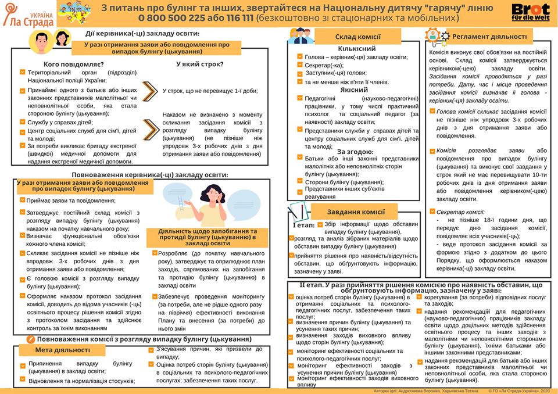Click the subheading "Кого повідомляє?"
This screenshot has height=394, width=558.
pos(74,64)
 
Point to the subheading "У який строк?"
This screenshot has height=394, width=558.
pos(199,64)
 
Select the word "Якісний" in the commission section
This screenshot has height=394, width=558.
pos(354,90)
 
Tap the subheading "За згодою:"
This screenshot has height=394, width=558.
pos(355,151)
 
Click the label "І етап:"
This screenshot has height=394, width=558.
pos(303,225)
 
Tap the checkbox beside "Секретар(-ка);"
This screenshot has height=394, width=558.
pos(299,65)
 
